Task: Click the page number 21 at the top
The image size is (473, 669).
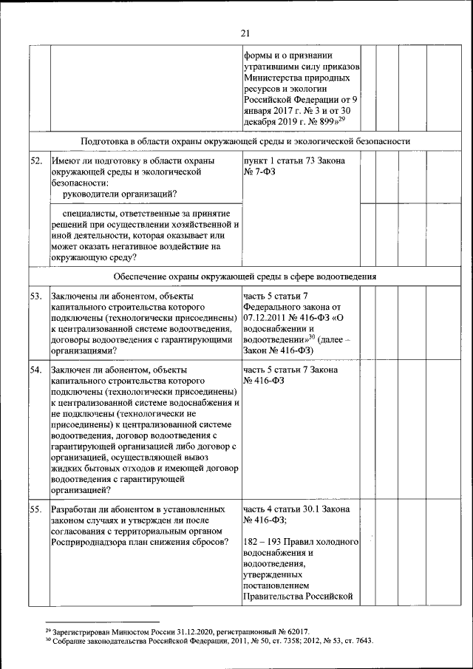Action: (x=246, y=33)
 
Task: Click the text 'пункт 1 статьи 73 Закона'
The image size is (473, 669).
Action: (x=293, y=160)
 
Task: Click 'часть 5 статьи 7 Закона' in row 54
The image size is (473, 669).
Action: (x=290, y=368)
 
